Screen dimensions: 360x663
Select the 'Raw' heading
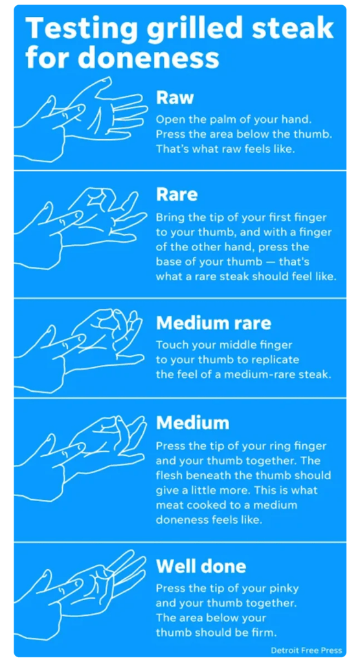pos(175,97)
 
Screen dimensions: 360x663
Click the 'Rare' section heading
pos(176,194)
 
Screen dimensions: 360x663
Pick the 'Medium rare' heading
pos(214,323)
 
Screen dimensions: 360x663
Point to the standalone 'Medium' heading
pos(192,423)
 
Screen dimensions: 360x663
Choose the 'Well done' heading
pos(201,566)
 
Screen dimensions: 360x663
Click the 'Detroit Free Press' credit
pos(306,650)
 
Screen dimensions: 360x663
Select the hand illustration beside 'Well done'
pos(80,592)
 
